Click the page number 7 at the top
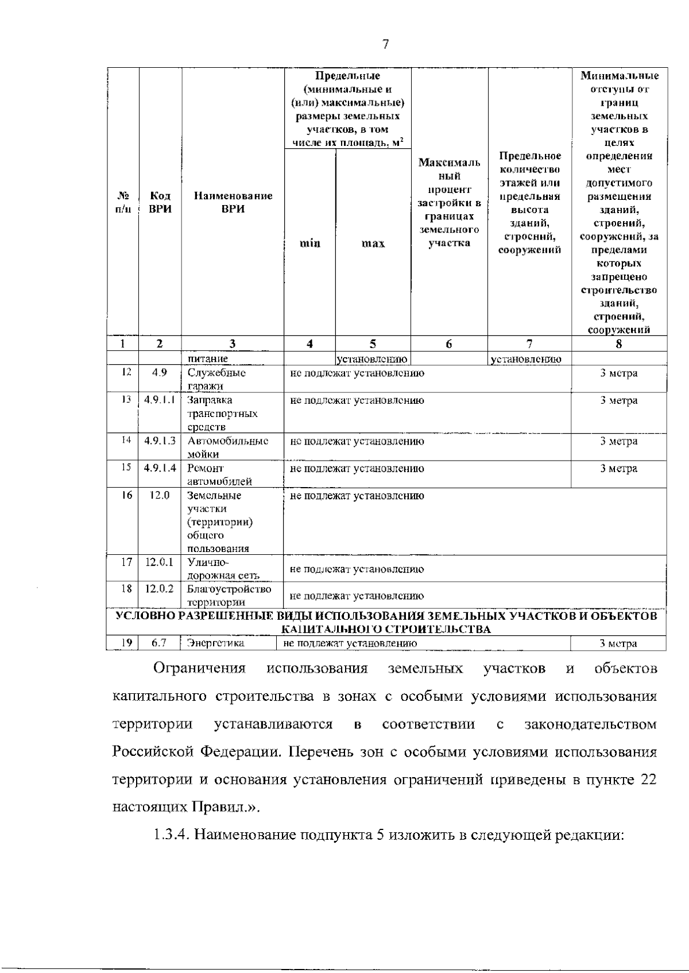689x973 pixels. (385, 45)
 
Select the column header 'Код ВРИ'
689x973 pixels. (160, 203)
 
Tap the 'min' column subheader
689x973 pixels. (310, 244)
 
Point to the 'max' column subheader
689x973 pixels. (373, 244)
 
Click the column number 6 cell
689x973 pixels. (449, 344)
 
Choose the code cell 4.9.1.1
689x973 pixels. (160, 400)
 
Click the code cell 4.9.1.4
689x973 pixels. (160, 469)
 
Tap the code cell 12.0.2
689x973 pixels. (159, 589)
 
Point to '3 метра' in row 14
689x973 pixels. (619, 441)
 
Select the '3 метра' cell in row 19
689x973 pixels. (619, 644)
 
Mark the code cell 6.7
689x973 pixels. (159, 644)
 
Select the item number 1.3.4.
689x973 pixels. (171, 835)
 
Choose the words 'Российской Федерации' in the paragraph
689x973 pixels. (195, 752)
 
